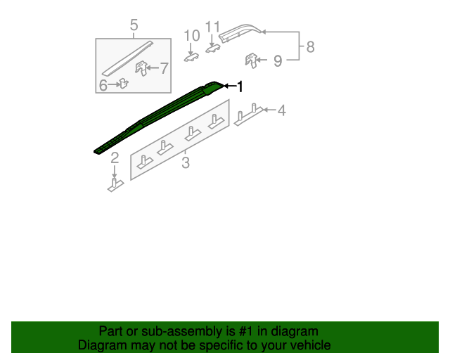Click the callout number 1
pos(240,86)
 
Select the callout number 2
pos(115,157)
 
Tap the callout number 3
pos(186,164)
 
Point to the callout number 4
pos(281,110)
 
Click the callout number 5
pos(134,27)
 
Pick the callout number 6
pos(103,85)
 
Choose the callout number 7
pos(164,68)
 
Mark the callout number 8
pos(310,47)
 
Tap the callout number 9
pos(278,61)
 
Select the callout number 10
pos(192,35)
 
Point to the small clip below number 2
pos(115,185)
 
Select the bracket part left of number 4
pos(248,115)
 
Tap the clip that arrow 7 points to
pos(143,69)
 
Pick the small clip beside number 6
pos(123,84)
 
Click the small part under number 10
pos(191,56)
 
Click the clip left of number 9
pos(251,60)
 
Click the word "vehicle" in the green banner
pos(307,345)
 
